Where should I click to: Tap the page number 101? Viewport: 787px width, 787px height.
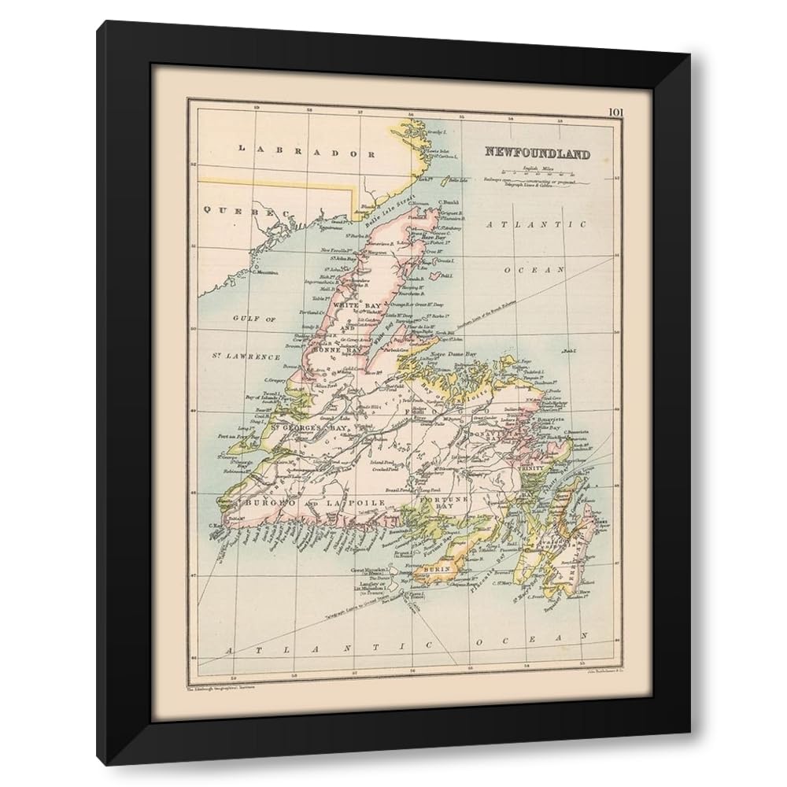coord(615,111)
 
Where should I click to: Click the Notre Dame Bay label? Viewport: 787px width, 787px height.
coord(452,355)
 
